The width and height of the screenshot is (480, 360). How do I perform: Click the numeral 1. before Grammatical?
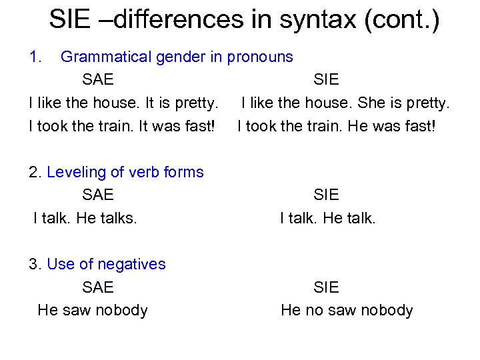[36, 57]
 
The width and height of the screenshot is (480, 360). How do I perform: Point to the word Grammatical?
[106, 57]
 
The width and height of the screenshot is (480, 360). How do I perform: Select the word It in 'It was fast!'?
[143, 125]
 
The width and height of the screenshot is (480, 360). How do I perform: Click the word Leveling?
[75, 172]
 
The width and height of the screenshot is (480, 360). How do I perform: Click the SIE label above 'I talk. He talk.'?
[326, 195]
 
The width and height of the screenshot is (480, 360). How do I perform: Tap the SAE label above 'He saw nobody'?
[98, 287]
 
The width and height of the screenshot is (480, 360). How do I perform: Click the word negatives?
[132, 264]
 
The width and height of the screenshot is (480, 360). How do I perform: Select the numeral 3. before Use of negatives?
[36, 264]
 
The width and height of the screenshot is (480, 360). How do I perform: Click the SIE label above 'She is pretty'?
[326, 79]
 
